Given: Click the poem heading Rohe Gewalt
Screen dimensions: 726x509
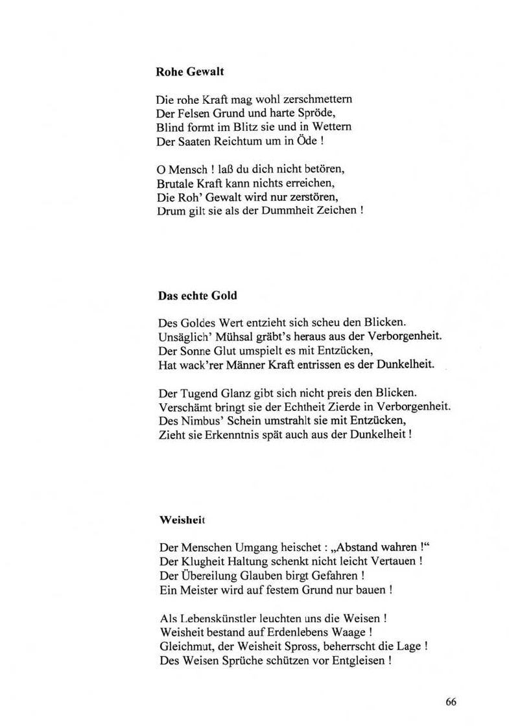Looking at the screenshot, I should click(190, 73).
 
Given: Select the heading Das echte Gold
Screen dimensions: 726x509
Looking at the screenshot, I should click(198, 296).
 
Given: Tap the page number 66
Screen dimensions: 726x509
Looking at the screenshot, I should click(451, 701).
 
